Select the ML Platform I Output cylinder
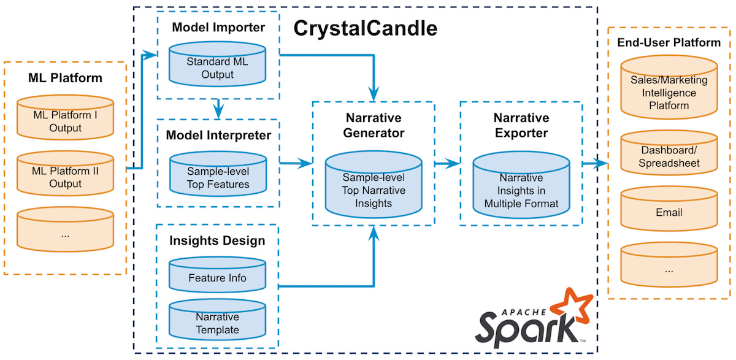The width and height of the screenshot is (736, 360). coord(65,120)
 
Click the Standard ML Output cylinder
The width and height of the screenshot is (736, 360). coord(218,66)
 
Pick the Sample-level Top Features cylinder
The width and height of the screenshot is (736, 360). coord(218,177)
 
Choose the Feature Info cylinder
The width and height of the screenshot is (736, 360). coord(217,277)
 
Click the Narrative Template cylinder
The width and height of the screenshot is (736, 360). coord(217,322)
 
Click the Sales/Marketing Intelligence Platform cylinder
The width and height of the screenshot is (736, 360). coord(669,91)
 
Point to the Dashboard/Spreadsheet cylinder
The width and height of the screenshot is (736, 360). coord(669,156)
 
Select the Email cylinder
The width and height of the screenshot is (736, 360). coord(669,212)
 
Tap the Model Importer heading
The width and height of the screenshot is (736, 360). coord(218,28)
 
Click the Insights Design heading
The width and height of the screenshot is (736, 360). coord(217,240)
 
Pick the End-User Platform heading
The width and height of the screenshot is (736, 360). coord(669,42)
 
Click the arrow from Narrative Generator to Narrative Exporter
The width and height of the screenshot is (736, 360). coord(447,163)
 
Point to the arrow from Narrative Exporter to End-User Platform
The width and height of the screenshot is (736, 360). coord(593,163)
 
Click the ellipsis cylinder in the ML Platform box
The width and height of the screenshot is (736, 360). coord(65,234)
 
